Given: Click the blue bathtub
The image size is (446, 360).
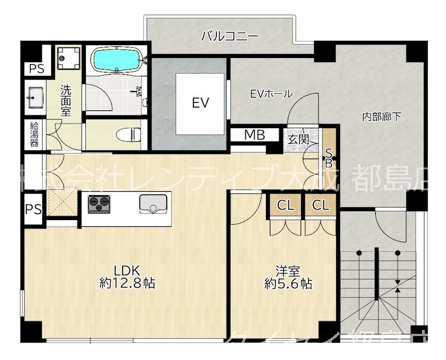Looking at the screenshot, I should [x=117, y=60].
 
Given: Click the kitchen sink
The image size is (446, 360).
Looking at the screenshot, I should [x=152, y=204].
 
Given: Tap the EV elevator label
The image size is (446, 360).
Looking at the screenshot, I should [x=200, y=103].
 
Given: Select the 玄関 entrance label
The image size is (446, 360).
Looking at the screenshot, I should [x=298, y=139].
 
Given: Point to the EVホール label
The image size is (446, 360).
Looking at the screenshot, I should [x=270, y=94].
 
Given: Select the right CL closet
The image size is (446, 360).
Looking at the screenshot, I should [x=320, y=205].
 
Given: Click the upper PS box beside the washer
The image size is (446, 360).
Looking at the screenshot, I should [x=37, y=69].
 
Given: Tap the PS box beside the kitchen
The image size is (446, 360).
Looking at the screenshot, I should [x=32, y=210].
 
